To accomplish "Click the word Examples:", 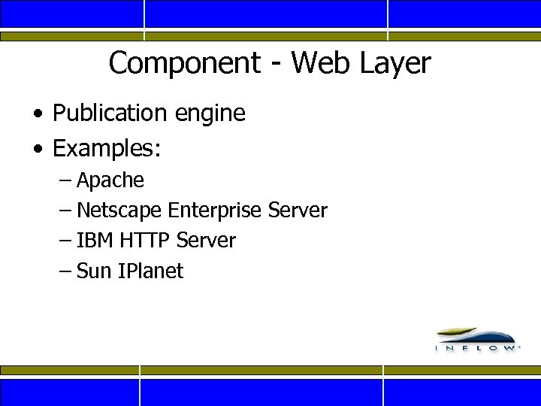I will click(106, 149).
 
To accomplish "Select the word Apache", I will click(110, 181).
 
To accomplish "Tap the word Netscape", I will click(119, 211).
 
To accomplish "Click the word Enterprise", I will click(216, 211).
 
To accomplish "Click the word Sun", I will click(94, 271).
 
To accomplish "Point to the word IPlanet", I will click(150, 271).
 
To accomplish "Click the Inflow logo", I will click(476, 339).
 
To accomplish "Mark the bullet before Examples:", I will click(38, 150).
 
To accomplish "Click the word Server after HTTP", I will click(206, 241).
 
